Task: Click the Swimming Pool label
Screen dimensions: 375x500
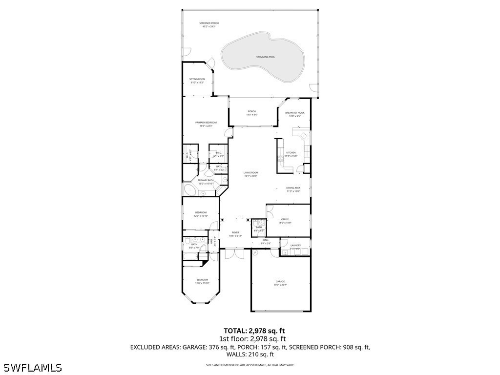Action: (266, 57)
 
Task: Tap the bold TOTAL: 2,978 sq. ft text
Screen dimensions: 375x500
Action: (254, 331)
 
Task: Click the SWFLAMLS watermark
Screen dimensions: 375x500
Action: (32, 367)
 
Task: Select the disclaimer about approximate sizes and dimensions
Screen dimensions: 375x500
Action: (250, 365)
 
